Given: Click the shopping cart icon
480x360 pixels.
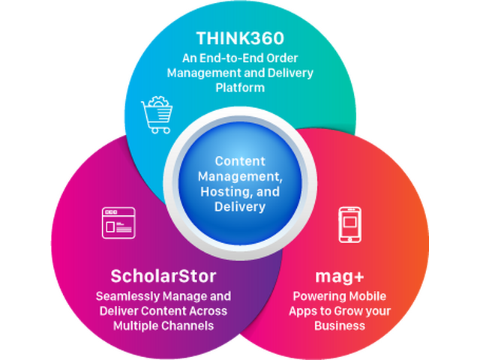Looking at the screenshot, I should (157, 115).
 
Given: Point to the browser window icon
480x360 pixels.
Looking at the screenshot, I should (118, 223).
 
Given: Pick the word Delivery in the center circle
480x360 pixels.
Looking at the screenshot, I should (239, 206).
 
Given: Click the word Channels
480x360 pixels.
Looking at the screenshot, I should (189, 325).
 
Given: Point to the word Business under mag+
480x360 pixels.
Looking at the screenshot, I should (340, 325).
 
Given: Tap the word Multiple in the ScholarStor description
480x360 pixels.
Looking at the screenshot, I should (136, 325).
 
